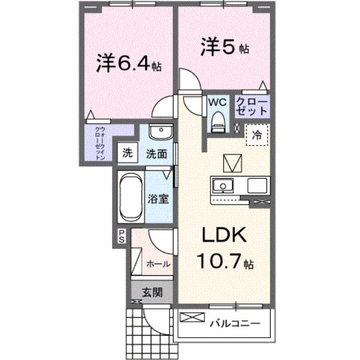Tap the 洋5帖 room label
point(226,47)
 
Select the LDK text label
point(223,236)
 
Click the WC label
point(217,102)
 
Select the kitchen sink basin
point(222,186)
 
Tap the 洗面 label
point(157,154)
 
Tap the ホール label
point(158,264)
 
